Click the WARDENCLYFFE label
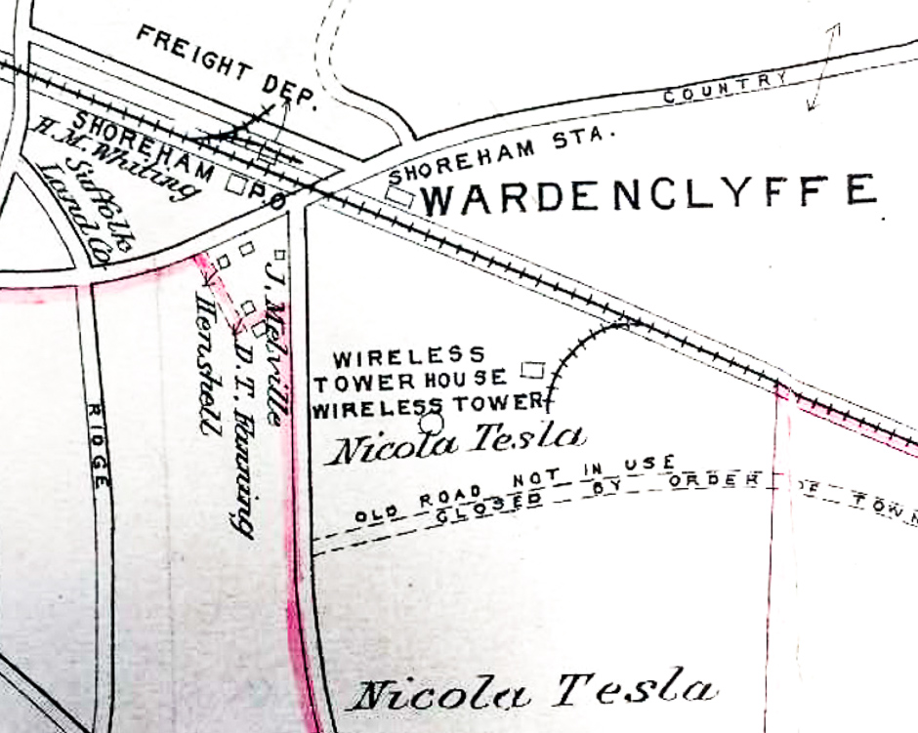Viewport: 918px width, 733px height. point(648,193)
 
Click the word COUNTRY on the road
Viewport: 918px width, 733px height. point(725,88)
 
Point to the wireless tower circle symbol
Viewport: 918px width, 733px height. point(431,424)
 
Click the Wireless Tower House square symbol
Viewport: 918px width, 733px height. point(532,370)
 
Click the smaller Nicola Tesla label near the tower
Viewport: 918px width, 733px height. point(458,443)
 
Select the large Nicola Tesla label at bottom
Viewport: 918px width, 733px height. point(531,692)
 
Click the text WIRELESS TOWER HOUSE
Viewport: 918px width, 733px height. point(410,368)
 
